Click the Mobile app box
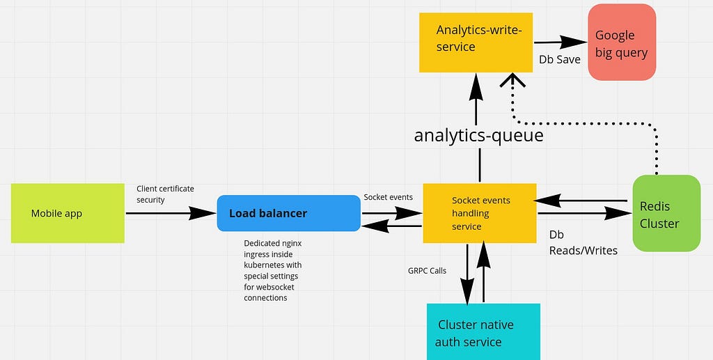pyautogui.click(x=68, y=213)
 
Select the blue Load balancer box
pyautogui.click(x=289, y=213)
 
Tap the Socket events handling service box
pyautogui.click(x=480, y=213)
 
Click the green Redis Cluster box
pyautogui.click(x=666, y=213)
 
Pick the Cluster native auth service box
pyautogui.click(x=483, y=332)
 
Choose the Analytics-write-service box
pyautogui.click(x=476, y=42)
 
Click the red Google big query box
pyautogui.click(x=622, y=42)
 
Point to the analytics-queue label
pyautogui.click(x=479, y=136)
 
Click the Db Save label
pyautogui.click(x=560, y=60)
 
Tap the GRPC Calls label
pyautogui.click(x=427, y=271)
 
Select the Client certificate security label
pyautogui.click(x=165, y=194)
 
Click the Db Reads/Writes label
pyautogui.click(x=583, y=242)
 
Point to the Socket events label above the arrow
pyautogui.click(x=389, y=197)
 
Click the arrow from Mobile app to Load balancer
pyautogui.click(x=171, y=213)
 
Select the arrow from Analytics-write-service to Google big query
pyautogui.click(x=561, y=42)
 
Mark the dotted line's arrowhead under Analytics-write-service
pyautogui.click(x=512, y=79)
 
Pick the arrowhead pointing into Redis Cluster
pyautogui.click(x=619, y=213)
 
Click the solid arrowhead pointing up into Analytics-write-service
pyautogui.click(x=476, y=86)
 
